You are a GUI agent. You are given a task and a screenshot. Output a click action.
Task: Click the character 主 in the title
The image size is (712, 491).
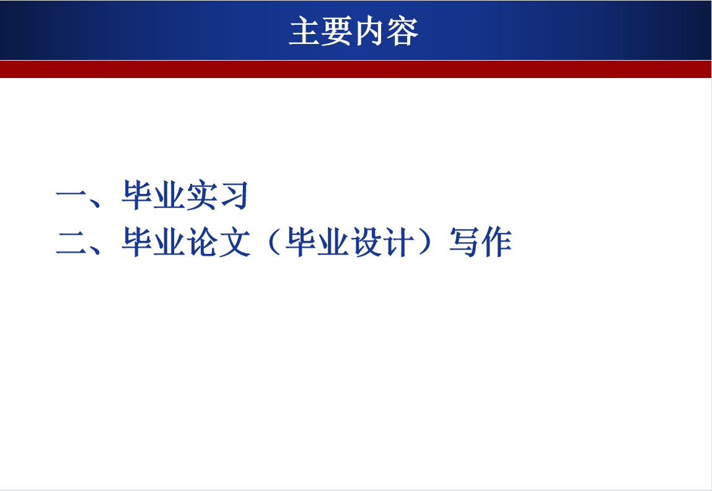click(305, 32)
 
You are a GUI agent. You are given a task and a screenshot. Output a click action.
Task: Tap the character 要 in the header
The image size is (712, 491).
click(338, 32)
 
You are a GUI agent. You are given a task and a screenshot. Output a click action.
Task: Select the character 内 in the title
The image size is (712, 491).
click(370, 32)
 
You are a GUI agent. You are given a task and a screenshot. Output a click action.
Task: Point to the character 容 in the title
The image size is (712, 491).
click(403, 32)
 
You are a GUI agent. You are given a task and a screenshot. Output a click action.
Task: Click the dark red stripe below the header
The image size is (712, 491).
click(356, 69)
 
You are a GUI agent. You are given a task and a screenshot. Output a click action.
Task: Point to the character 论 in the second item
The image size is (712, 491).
click(201, 242)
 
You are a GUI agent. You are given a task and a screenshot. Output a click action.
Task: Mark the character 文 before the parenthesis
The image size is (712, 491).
click(233, 242)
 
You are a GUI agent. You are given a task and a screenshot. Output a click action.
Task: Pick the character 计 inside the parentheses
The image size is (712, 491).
click(395, 242)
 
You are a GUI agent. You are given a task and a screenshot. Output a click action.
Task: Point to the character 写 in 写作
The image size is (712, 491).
click(463, 242)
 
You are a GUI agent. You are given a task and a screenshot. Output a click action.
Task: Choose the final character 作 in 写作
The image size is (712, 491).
click(495, 242)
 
